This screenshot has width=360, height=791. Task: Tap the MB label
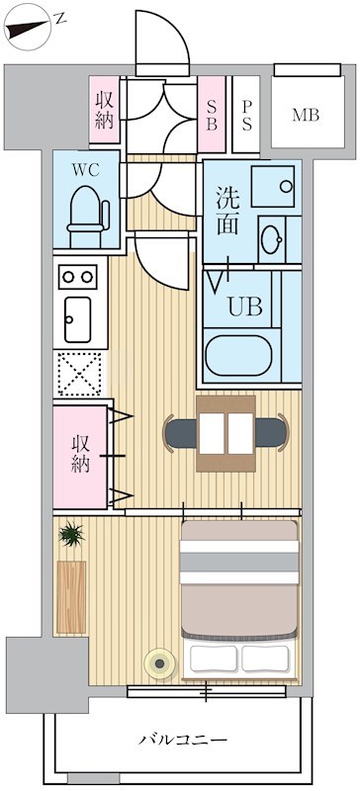(x=305, y=115)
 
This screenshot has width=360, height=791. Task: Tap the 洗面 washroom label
(x=227, y=209)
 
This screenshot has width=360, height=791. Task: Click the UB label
(x=245, y=307)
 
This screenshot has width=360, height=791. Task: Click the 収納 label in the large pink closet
(x=81, y=454)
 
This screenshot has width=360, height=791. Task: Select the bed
(x=239, y=599)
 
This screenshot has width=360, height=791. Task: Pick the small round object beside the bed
(x=157, y=661)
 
